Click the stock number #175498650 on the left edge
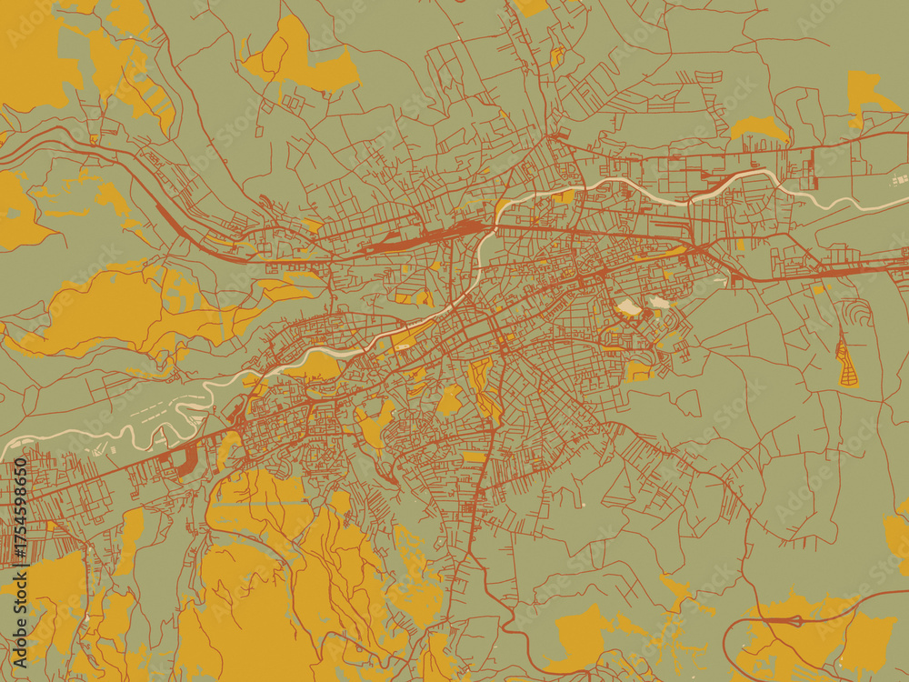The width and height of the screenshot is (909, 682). point(20,514)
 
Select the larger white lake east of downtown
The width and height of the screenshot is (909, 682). point(628,307)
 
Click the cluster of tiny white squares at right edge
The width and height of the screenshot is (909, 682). point(900,180)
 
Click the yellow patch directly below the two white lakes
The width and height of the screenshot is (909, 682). point(638,369)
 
